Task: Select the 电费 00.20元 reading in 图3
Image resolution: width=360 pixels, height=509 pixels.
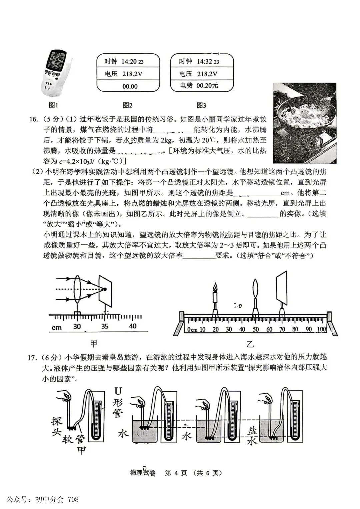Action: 199,86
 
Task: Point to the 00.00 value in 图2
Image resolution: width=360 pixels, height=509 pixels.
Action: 130,86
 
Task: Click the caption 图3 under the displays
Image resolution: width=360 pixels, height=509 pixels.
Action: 201,105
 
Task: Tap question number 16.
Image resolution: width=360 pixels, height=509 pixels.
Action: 33,119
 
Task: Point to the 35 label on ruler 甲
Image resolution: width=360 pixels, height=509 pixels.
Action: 105,326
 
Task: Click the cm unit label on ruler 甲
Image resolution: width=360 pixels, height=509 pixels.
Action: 57,327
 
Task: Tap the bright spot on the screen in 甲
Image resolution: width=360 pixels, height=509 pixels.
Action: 105,289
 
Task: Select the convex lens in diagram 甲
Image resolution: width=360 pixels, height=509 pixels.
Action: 78,289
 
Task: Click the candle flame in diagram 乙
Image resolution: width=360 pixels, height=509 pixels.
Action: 215,287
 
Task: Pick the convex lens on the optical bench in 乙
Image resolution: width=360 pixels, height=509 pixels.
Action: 255,289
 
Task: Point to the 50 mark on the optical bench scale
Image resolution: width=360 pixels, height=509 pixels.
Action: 256,329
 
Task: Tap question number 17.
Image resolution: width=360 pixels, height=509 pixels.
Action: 32,358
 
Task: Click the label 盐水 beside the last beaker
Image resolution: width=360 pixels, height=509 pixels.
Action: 252,436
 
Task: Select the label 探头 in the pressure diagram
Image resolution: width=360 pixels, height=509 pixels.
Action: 57,426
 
